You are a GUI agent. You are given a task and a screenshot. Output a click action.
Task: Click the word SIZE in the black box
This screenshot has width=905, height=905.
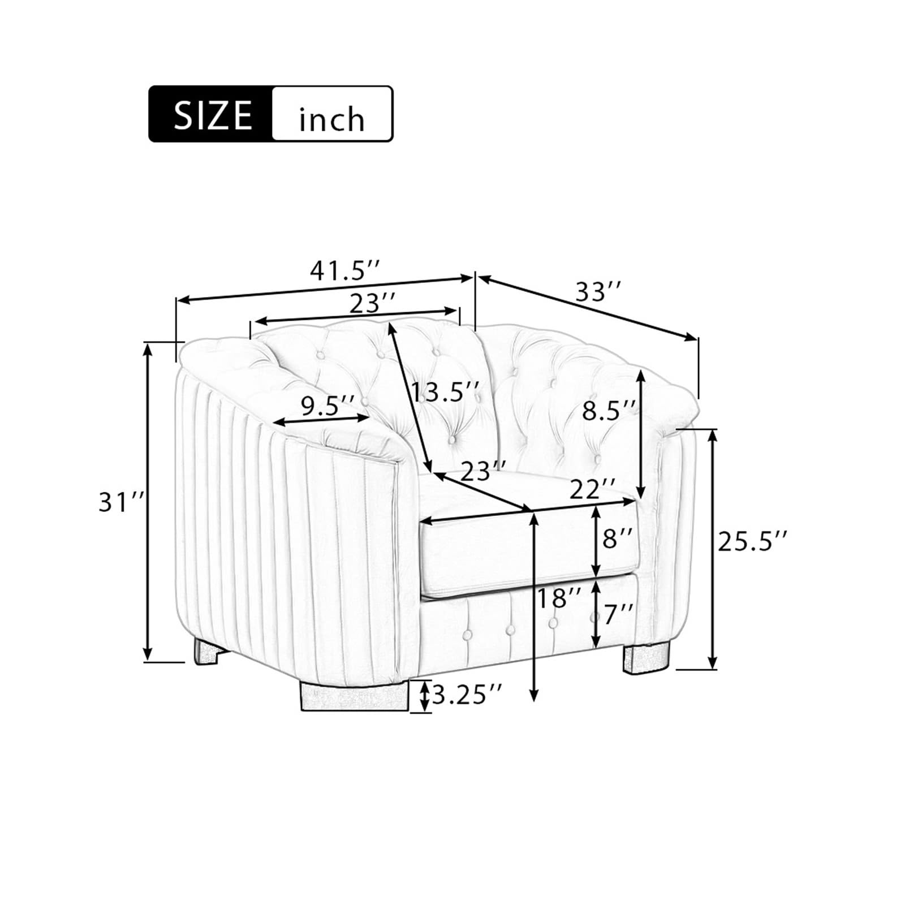(x=213, y=115)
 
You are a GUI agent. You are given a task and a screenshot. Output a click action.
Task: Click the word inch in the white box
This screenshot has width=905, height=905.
(x=331, y=119)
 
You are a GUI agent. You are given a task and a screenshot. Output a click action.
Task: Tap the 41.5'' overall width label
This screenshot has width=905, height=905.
(x=344, y=271)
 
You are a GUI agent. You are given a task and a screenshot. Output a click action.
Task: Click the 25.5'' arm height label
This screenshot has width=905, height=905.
(x=752, y=541)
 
